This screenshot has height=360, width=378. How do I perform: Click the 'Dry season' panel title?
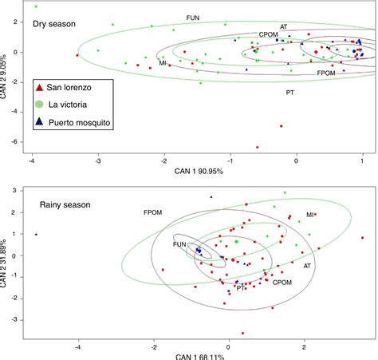[54, 24]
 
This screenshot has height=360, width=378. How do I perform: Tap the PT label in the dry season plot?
[291, 93]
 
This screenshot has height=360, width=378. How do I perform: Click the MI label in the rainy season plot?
[311, 215]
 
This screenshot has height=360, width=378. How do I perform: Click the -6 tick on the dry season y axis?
[16, 142]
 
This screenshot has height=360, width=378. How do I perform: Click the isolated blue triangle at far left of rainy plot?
[36, 234]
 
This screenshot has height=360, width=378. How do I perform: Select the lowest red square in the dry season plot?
[258, 147]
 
